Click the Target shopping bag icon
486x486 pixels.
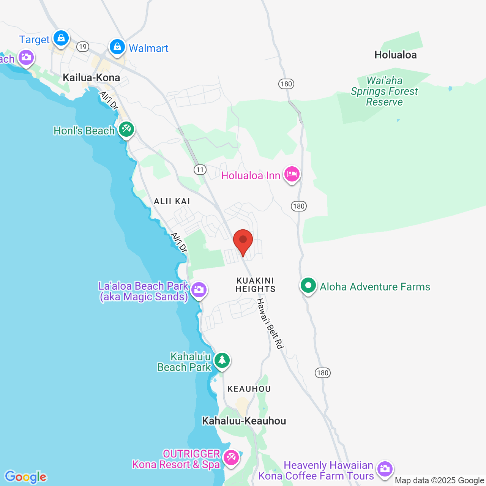coord(61,38)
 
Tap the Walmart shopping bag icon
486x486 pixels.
coord(117,47)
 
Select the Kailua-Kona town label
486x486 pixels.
coord(91,78)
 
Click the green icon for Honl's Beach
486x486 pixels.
coord(126,129)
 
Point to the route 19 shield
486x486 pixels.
coord(82,47)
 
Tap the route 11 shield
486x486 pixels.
coord(200,170)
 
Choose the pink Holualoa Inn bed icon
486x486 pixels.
coord(292,174)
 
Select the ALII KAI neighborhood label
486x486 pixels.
coord(172,201)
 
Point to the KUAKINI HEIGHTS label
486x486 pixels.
coord(255,285)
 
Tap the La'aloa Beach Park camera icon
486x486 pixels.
coord(199,290)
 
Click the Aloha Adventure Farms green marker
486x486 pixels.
coord(308,285)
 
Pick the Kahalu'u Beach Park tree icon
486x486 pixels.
coord(222,360)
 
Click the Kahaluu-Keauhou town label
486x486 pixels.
coord(244,421)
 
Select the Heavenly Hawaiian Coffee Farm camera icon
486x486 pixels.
coord(385,469)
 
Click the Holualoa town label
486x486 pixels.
coord(395,55)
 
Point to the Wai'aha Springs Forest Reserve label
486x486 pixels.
coord(384,91)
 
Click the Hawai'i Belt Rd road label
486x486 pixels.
coord(270,323)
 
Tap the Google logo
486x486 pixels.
coord(26,477)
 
